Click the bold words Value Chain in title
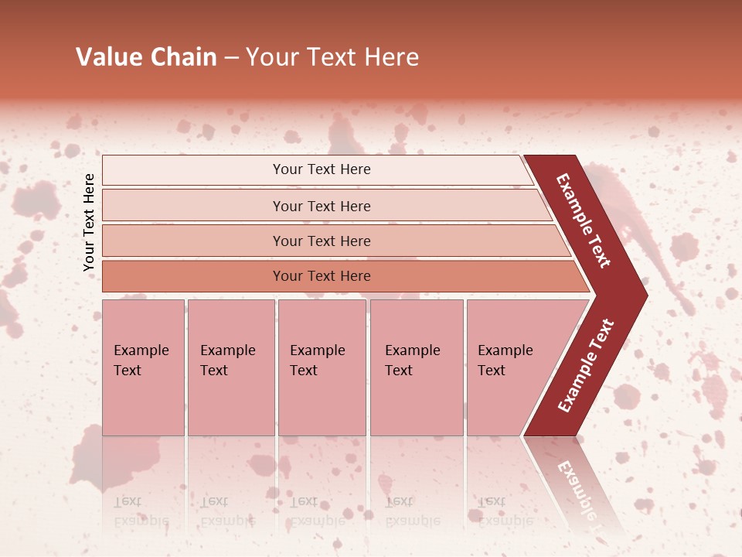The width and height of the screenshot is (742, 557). (x=146, y=57)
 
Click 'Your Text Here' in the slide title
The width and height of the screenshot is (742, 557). (x=332, y=57)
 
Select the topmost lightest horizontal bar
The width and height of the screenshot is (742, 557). (x=193, y=169)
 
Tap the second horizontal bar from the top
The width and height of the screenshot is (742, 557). (x=193, y=206)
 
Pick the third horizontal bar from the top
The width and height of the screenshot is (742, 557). (x=193, y=241)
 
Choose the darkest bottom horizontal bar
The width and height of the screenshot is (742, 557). (x=193, y=276)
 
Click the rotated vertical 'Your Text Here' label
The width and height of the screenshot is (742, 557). (x=89, y=222)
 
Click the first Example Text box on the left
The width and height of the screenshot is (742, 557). (x=143, y=367)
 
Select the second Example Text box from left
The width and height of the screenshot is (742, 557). (x=230, y=367)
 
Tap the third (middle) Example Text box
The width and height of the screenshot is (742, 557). (x=322, y=367)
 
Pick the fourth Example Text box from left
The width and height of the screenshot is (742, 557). (x=416, y=367)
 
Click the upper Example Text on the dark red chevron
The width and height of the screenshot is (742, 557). (x=584, y=220)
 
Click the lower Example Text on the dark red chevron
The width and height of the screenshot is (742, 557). (x=586, y=365)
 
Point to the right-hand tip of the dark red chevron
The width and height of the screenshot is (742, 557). (x=645, y=296)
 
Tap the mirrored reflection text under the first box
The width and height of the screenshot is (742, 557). (x=141, y=511)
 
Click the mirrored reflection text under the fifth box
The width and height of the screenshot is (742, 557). (x=505, y=511)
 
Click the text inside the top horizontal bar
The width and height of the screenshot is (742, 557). (x=322, y=169)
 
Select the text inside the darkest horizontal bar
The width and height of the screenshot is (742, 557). (x=322, y=276)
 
